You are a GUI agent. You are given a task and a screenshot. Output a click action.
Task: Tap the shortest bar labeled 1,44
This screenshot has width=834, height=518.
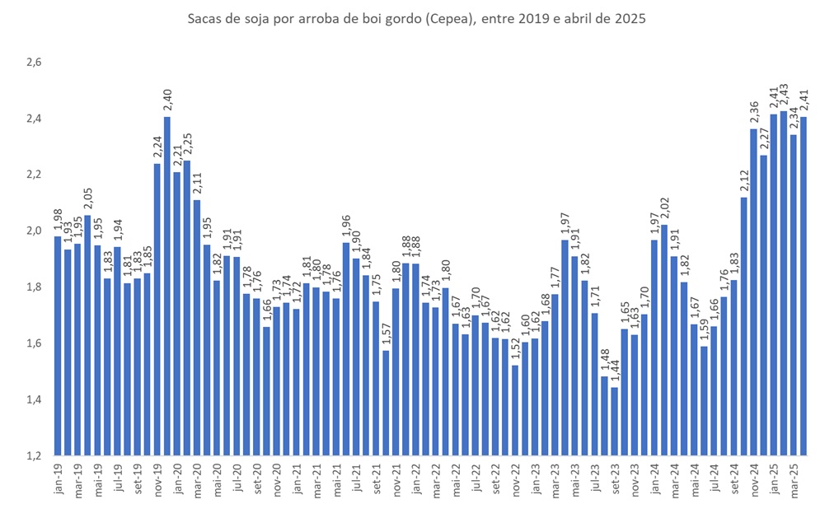(x=614, y=421)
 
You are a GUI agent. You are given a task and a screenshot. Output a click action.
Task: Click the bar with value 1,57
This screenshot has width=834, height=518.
(x=385, y=403)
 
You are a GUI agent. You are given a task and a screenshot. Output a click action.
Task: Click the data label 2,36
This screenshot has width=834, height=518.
(x=753, y=114)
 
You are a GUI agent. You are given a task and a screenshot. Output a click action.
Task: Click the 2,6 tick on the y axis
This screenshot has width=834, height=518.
(x=33, y=63)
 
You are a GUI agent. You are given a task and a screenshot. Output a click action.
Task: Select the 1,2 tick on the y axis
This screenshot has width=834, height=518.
(x=33, y=455)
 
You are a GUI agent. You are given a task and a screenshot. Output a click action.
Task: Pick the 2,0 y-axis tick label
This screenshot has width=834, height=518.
(x=33, y=231)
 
